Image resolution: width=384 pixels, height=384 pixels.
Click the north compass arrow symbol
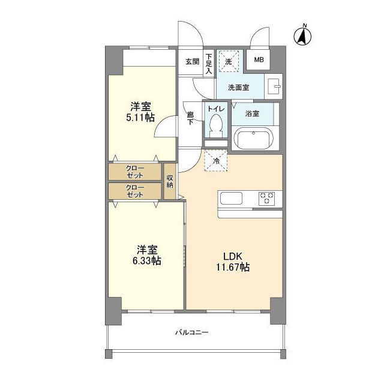tap(302, 36)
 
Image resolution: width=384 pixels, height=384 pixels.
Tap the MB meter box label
tap(259, 60)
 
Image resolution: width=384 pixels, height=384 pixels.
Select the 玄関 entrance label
tap(192, 61)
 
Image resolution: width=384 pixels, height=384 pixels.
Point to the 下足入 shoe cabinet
tap(209, 64)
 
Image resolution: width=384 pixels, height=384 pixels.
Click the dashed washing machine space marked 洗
tap(229, 61)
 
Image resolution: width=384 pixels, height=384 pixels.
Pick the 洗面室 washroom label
tap(239, 88)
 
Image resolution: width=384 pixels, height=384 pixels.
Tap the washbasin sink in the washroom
tap(274, 86)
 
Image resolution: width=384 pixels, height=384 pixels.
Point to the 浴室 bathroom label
tap(252, 113)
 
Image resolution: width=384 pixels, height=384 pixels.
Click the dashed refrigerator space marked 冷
tap(216, 161)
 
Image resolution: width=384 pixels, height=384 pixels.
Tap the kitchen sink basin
tap(231, 198)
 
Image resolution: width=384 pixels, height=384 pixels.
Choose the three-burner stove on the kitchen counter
tap(266, 199)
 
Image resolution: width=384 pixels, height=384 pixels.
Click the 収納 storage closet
tap(170, 181)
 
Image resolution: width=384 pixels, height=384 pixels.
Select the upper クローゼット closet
tap(134, 172)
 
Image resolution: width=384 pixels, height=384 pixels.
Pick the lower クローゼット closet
tap(134, 191)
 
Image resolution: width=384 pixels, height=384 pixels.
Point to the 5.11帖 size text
tap(140, 118)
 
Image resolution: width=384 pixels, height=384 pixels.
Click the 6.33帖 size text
tap(146, 261)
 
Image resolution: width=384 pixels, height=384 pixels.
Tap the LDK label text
tap(232, 256)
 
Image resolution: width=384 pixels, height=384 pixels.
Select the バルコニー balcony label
tap(192, 332)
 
